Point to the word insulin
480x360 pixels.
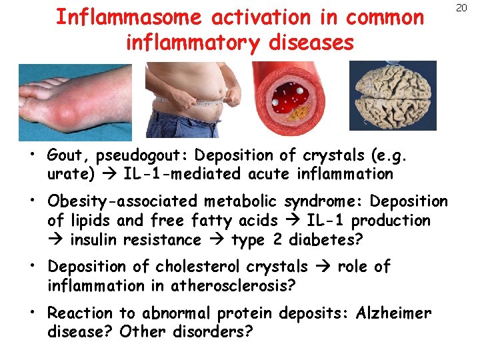99,239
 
